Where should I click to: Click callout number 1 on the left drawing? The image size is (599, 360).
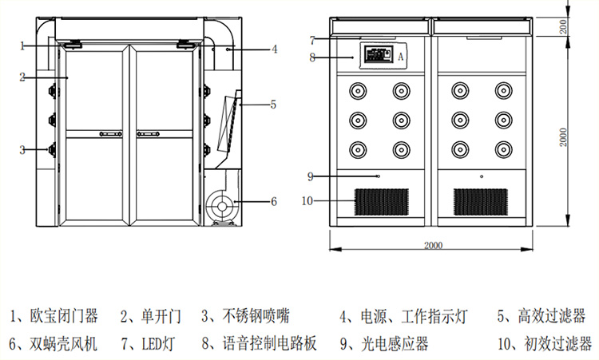(23, 45)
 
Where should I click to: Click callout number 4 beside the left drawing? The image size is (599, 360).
(274, 49)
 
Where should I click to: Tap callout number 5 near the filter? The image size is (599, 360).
(273, 104)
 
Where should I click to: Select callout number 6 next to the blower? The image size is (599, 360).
(273, 202)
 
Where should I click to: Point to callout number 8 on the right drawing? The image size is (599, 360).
(313, 57)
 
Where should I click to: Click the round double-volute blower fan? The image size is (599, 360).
(219, 207)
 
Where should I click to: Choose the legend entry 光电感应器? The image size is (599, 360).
(395, 344)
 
